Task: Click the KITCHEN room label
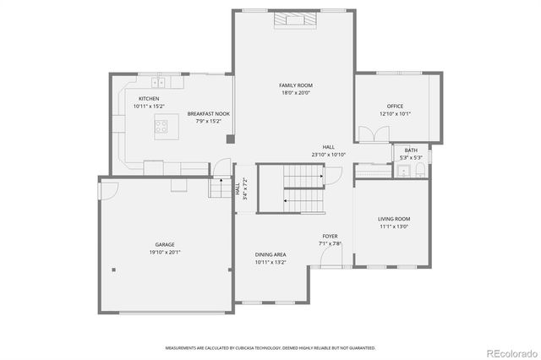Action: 149,99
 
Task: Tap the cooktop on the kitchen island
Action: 161,127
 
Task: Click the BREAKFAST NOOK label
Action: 209,113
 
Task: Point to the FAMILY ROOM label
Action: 296,85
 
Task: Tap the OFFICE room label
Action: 395,106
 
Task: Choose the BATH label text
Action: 411,150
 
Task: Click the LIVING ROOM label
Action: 393,219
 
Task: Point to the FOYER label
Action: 330,236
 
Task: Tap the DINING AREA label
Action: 270,254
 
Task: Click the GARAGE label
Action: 164,244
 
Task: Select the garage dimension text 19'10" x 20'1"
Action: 164,252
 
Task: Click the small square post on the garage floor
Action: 114,270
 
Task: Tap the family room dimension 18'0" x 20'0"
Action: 296,93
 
